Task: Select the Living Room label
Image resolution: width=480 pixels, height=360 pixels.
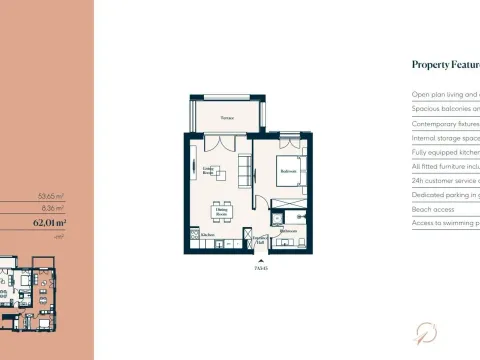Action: click(x=210, y=169)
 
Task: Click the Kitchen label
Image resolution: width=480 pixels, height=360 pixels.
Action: click(x=207, y=235)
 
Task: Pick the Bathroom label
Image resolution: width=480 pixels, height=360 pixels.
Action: click(x=290, y=231)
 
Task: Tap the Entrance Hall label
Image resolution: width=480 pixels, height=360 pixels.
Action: click(x=260, y=238)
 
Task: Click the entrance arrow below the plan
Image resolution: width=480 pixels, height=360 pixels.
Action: click(x=262, y=259)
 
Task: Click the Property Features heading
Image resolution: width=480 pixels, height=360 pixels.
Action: click(x=445, y=65)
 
